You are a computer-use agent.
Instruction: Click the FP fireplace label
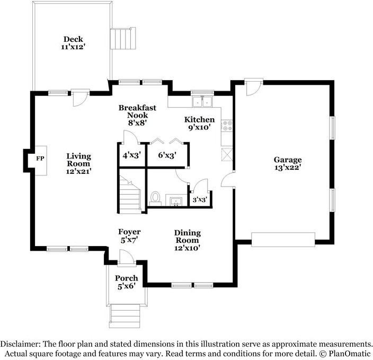(40, 159)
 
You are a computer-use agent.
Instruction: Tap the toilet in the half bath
(155, 198)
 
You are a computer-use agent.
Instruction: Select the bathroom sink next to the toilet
(176, 201)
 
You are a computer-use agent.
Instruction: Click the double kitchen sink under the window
(202, 102)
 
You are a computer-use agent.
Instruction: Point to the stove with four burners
(227, 126)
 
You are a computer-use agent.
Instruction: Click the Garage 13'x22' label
(288, 163)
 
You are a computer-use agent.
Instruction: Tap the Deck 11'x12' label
(73, 42)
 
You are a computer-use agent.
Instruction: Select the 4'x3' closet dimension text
(132, 156)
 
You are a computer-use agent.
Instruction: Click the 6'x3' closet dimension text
(167, 155)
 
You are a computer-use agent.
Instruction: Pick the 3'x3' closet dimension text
(199, 199)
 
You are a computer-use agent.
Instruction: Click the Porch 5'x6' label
(127, 282)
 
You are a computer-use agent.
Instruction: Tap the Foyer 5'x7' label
(129, 236)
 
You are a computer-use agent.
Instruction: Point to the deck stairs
(123, 38)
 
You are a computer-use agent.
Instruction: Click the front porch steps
(125, 315)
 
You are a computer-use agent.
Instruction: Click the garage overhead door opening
(283, 240)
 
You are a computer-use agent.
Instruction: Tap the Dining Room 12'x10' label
(188, 240)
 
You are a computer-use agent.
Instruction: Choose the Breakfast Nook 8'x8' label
(137, 115)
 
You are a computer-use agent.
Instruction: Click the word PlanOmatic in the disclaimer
(350, 354)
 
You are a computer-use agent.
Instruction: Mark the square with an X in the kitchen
(227, 154)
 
